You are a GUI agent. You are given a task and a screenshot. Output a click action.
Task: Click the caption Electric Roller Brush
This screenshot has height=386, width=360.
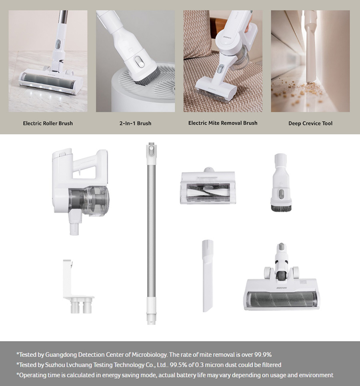pos(48,123)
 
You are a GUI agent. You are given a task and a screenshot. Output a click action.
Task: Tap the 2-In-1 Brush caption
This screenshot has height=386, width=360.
pos(135,123)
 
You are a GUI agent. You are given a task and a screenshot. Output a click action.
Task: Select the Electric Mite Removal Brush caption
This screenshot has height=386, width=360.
pos(223,123)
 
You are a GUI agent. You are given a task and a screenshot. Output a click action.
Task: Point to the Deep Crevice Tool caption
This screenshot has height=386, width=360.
pos(310,123)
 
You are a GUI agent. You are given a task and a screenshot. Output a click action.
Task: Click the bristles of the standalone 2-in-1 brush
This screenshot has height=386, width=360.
pos(281,208)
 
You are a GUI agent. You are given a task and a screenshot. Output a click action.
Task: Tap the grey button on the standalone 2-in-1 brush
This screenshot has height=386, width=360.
pos(281,194)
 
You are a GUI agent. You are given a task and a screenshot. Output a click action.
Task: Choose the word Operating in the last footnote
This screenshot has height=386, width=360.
pos(33,375)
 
